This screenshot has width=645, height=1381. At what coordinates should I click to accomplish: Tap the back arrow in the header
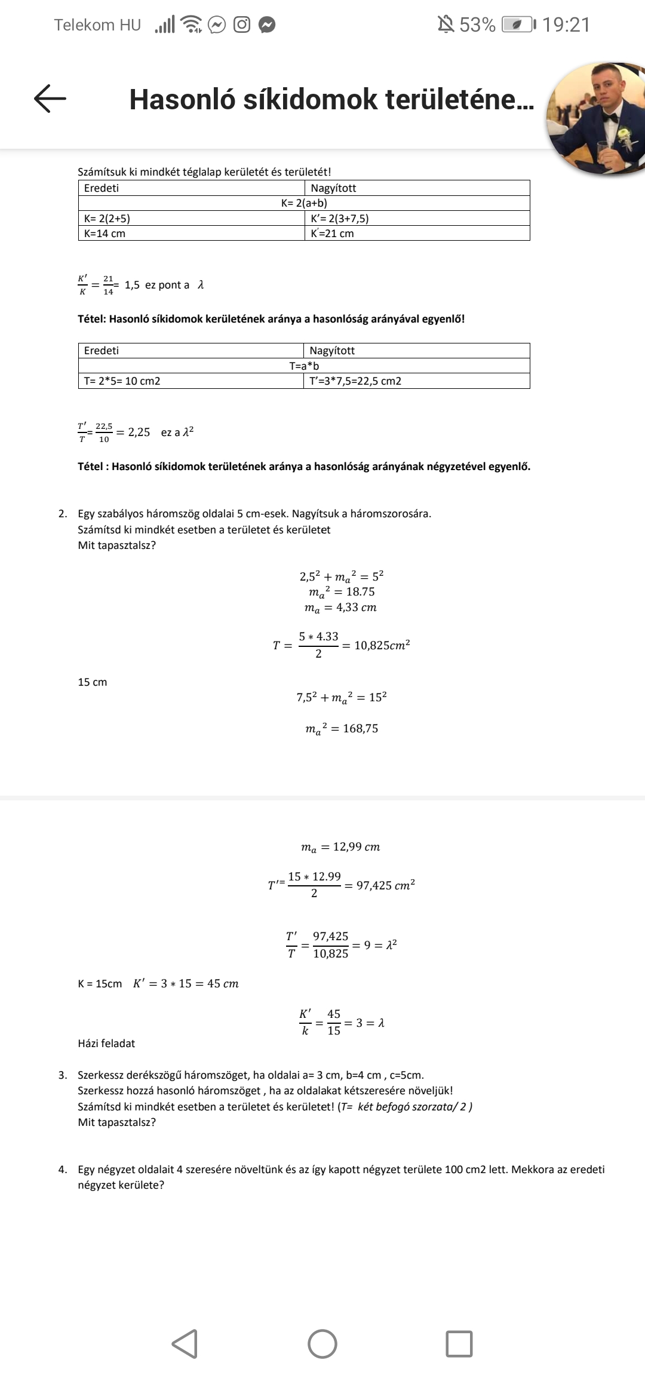click(x=50, y=99)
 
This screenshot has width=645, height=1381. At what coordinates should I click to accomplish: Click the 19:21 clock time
click(x=566, y=25)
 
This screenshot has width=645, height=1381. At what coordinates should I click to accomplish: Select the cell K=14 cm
click(x=105, y=234)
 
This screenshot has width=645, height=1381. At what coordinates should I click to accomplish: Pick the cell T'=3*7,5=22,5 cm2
click(x=355, y=381)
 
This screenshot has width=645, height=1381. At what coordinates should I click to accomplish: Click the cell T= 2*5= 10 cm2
click(x=122, y=381)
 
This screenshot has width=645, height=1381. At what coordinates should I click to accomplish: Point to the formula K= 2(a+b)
click(x=304, y=203)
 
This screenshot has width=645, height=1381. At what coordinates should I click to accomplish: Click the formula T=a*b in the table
click(x=304, y=366)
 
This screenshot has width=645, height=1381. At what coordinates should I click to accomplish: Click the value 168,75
click(x=360, y=729)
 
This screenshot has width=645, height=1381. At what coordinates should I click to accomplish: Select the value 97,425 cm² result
click(x=385, y=885)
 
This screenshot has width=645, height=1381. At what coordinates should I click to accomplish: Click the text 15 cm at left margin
click(x=93, y=682)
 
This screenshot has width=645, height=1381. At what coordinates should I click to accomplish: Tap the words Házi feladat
click(x=106, y=1044)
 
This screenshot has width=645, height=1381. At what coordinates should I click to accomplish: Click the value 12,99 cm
click(x=356, y=847)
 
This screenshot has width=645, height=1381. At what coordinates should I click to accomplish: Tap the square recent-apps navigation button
click(x=459, y=1344)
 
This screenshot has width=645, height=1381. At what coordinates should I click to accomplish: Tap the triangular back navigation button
click(x=185, y=1344)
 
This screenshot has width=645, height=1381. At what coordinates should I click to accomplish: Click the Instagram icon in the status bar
click(x=242, y=25)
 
